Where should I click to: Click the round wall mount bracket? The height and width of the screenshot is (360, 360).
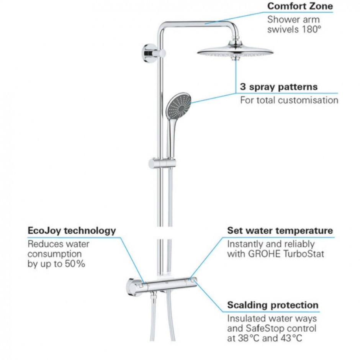click(149, 53)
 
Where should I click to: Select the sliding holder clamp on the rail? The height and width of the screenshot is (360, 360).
click(162, 164)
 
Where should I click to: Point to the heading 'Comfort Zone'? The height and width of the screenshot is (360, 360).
click(300, 6)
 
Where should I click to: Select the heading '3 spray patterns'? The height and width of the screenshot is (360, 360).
click(279, 87)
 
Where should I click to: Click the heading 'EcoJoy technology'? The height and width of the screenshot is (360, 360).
click(72, 231)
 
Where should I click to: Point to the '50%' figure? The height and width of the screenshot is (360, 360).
click(75, 264)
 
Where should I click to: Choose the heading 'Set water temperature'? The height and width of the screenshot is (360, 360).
click(280, 230)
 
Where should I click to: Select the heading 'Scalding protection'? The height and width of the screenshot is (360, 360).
click(273, 305)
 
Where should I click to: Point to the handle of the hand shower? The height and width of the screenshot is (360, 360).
click(171, 138)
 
